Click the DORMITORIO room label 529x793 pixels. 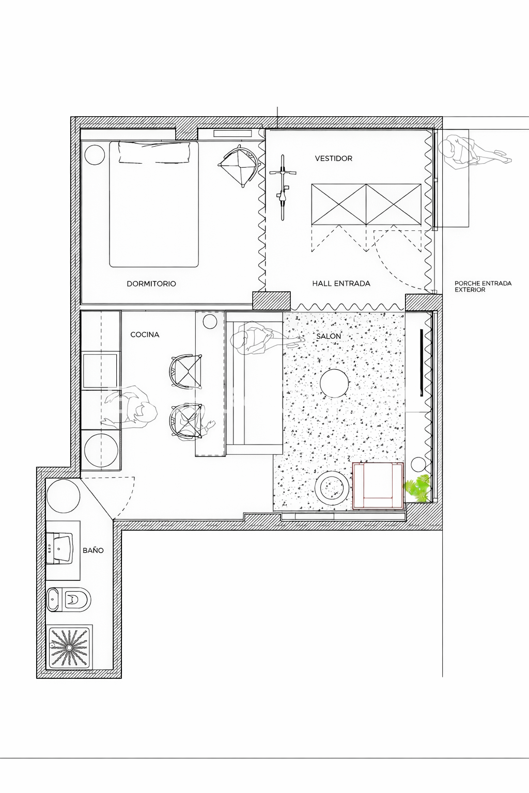point(151,283)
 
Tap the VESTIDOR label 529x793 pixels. point(334,158)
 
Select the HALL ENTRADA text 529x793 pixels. point(341,283)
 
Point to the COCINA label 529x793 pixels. point(145,335)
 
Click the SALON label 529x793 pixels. point(329,336)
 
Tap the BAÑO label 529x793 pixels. point(93,550)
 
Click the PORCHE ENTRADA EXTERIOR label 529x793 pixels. point(483,287)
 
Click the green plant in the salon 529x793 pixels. point(419,488)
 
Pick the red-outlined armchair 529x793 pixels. point(378,485)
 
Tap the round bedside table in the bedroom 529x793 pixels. point(95,154)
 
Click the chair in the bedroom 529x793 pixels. point(239,165)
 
